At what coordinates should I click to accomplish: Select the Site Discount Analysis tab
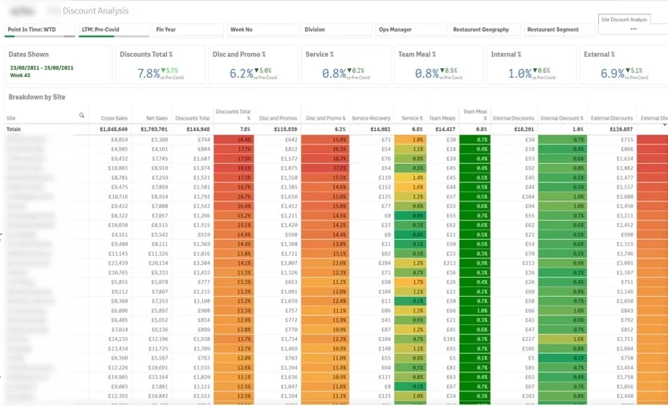click(624, 20)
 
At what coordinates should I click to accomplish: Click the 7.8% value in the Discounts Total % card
click(149, 73)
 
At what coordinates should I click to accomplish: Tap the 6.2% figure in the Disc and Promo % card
click(242, 73)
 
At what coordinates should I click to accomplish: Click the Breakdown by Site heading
click(37, 97)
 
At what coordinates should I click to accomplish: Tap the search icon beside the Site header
click(81, 116)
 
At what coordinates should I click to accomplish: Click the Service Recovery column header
click(371, 118)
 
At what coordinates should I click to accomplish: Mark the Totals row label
click(14, 128)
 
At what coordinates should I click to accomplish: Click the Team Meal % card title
click(417, 54)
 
